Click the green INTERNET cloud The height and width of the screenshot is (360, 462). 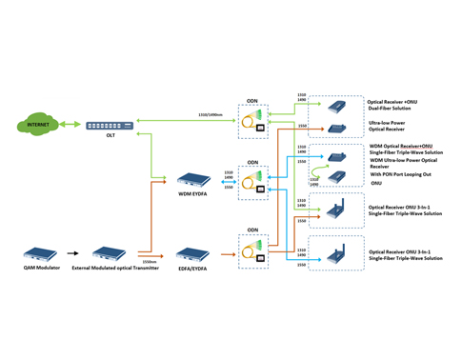(x=37, y=125)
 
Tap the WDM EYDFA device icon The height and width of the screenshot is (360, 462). (x=194, y=177)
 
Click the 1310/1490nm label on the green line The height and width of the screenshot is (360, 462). (x=210, y=115)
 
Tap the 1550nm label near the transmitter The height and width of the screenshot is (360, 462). (x=149, y=261)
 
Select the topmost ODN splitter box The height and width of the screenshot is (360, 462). (x=253, y=117)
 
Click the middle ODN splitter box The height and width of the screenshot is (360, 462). (x=253, y=181)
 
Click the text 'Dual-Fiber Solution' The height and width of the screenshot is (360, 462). (x=391, y=108)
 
